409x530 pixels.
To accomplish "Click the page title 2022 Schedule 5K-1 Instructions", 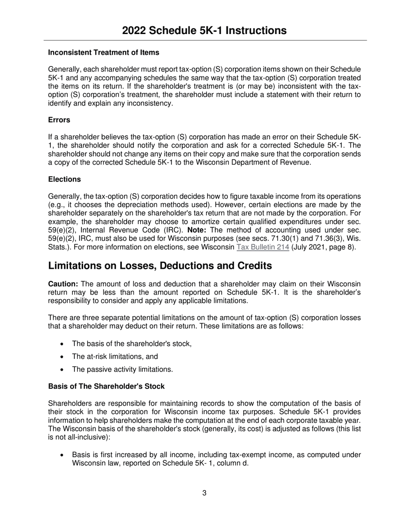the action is click(x=204, y=31).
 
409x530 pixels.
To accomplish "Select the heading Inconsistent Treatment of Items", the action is click(x=103, y=53).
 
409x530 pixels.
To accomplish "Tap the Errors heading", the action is click(x=59, y=120).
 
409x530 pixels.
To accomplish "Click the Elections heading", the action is click(x=64, y=179).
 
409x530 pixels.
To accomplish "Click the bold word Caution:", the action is click(x=63, y=284).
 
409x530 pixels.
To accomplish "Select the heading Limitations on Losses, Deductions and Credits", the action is click(x=160, y=266).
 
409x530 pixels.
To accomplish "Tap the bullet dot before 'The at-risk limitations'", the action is click(x=63, y=357).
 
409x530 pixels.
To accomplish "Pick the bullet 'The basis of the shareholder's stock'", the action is click(x=132, y=344).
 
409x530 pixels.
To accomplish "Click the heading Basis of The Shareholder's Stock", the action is click(x=106, y=387).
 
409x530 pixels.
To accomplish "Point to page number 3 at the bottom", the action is click(x=204, y=493).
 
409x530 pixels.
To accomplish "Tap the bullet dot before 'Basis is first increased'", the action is click(x=63, y=455).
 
